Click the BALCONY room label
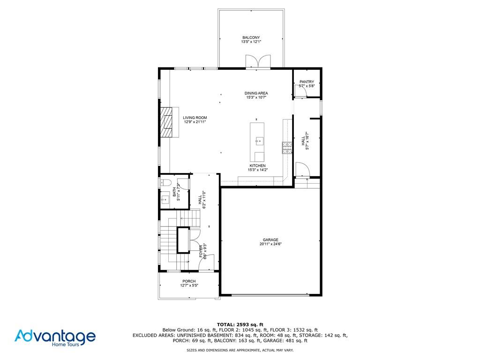[251, 37]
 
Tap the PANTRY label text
[307, 82]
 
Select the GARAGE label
[270, 240]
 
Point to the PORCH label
[189, 281]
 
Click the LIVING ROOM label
[195, 118]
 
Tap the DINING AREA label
[256, 93]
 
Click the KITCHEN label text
[257, 165]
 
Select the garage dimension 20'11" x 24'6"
[270, 244]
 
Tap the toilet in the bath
[165, 183]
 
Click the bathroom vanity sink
[165, 200]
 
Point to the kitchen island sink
[259, 141]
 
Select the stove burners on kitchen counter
[287, 148]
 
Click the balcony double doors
[258, 61]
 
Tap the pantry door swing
[300, 91]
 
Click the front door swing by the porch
[206, 262]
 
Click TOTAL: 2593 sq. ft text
[240, 324]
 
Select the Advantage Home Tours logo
[55, 338]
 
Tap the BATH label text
[174, 192]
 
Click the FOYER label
[201, 251]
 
